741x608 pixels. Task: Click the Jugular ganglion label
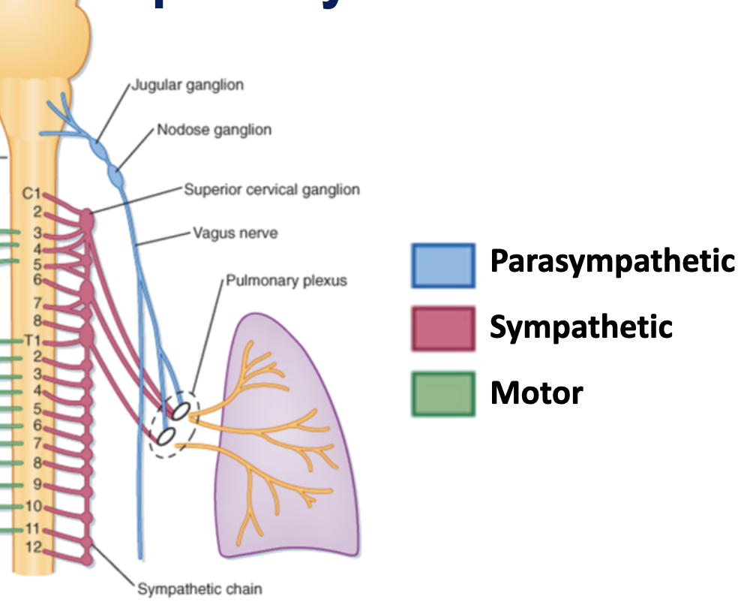pos(187,85)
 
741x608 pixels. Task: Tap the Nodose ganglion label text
pos(214,130)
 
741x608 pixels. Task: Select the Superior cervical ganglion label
pos(271,189)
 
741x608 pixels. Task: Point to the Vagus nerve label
pos(235,233)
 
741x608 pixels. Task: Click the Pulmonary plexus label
pos(286,281)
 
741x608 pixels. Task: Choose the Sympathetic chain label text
pos(199,588)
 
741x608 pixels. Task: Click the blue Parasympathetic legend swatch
pos(442,266)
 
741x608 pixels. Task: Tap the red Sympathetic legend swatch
pos(442,328)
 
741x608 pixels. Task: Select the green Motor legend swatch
pos(442,393)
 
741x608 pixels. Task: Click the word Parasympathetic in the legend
pos(612,261)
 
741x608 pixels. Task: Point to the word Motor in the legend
pos(536,393)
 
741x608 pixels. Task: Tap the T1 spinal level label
pos(31,340)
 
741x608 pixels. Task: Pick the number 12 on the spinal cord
pos(32,546)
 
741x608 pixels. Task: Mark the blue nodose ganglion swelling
pos(116,177)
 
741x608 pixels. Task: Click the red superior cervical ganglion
pos(88,220)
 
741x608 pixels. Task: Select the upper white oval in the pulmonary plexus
pos(180,410)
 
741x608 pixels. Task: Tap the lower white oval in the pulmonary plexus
pos(166,435)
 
